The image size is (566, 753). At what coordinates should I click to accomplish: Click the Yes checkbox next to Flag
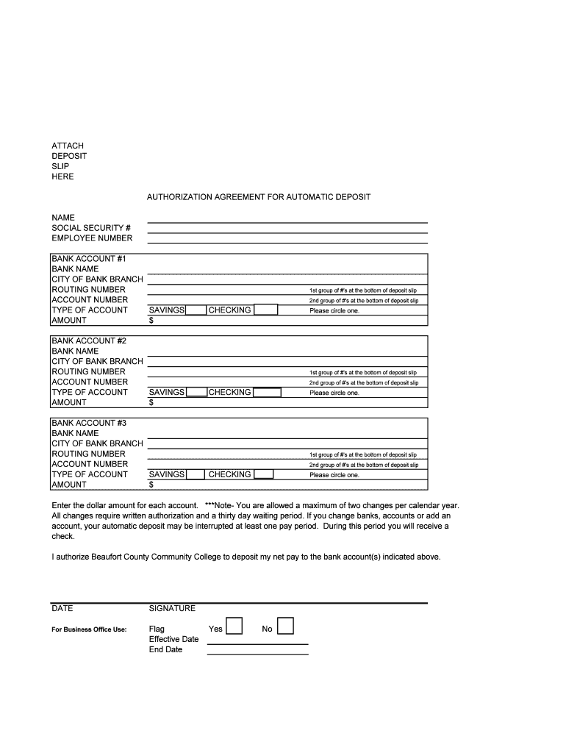pos(234,626)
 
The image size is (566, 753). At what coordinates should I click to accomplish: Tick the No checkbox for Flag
pos(286,626)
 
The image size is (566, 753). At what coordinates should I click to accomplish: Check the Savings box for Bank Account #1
pos(196,310)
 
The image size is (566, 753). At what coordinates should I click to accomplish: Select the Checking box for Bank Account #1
pos(266,310)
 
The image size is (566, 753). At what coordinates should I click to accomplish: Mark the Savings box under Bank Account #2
pos(196,393)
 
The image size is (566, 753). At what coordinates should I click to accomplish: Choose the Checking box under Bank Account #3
pos(264,475)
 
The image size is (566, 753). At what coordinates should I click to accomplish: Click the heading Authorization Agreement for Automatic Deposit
pos(259,198)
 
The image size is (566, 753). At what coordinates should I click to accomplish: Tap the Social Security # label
pos(91,228)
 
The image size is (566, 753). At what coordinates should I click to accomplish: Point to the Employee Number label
pos(92,238)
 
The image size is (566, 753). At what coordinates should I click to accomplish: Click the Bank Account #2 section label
pos(89,341)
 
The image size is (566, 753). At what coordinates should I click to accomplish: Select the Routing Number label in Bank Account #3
pos(88,454)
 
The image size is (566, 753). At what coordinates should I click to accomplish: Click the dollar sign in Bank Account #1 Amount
pos(151,321)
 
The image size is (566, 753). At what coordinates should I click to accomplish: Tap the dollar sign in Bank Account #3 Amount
pos(151,485)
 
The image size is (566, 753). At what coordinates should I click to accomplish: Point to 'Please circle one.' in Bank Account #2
pos(334,393)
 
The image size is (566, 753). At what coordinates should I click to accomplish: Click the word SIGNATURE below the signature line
pos(172,609)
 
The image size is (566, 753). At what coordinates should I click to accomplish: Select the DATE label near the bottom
pos(62,609)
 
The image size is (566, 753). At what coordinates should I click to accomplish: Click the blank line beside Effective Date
pos(257,643)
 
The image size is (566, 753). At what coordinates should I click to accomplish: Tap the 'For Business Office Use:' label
pos(89,629)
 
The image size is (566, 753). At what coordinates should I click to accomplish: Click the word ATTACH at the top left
pos(68,146)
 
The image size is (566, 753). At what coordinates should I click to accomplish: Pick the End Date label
pos(165,650)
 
